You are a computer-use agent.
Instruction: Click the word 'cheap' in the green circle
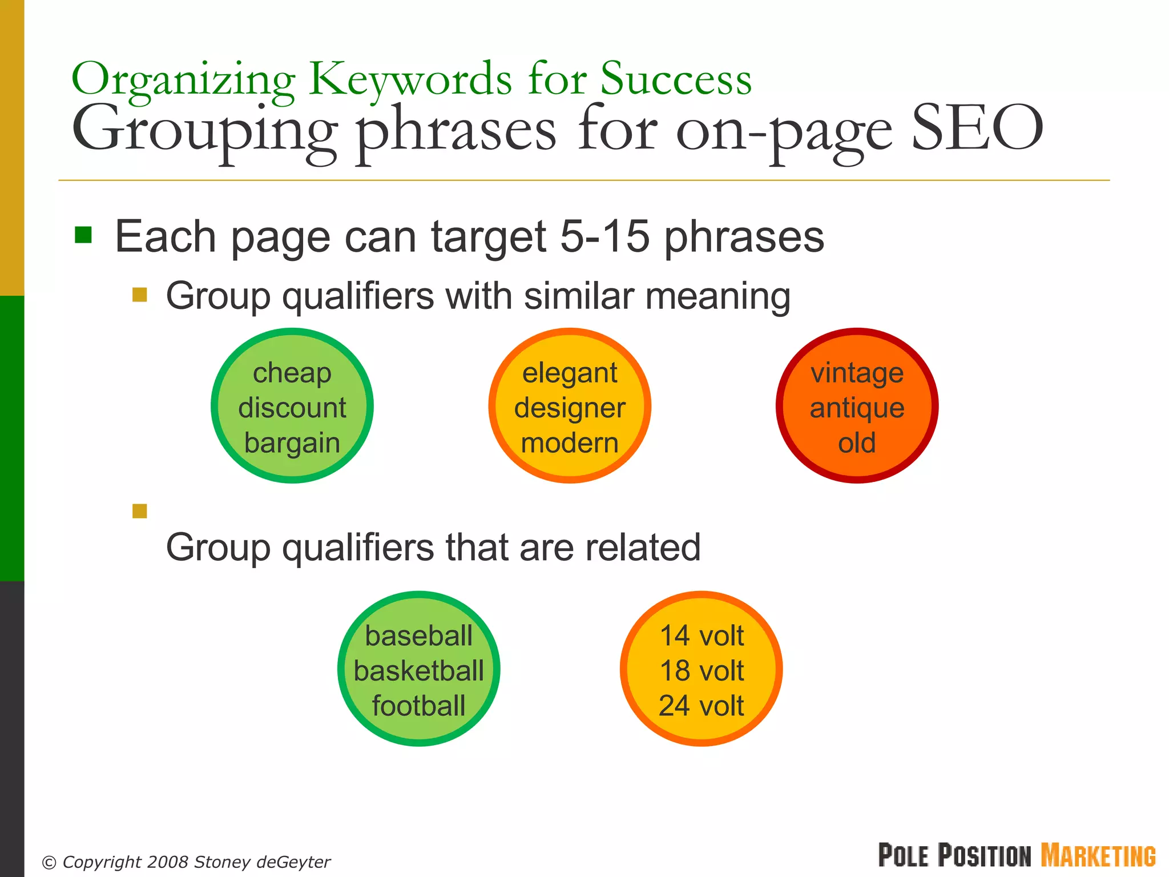pyautogui.click(x=292, y=373)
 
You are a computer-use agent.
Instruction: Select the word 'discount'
pyautogui.click(x=292, y=408)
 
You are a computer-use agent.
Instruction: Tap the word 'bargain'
pyautogui.click(x=292, y=443)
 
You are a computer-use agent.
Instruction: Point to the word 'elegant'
pyautogui.click(x=570, y=373)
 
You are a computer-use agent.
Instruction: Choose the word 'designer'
pyautogui.click(x=570, y=409)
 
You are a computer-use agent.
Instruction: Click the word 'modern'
pyautogui.click(x=570, y=443)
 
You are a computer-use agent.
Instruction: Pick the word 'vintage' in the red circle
pyautogui.click(x=857, y=373)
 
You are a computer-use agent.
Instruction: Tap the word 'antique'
pyautogui.click(x=857, y=409)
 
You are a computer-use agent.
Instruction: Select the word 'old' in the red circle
pyautogui.click(x=857, y=443)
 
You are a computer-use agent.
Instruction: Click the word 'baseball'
pyautogui.click(x=418, y=636)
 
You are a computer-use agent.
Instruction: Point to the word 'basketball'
pyautogui.click(x=418, y=671)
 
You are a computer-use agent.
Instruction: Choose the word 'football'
pyautogui.click(x=418, y=706)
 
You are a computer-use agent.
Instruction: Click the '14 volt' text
pyautogui.click(x=702, y=636)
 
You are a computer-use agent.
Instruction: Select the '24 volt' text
pyautogui.click(x=702, y=706)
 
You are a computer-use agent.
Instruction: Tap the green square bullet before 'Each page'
pyautogui.click(x=83, y=235)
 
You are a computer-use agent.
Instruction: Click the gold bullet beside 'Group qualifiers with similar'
pyautogui.click(x=139, y=295)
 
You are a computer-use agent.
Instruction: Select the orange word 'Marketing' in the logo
pyautogui.click(x=1098, y=856)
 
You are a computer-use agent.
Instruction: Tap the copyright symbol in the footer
pyautogui.click(x=50, y=863)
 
